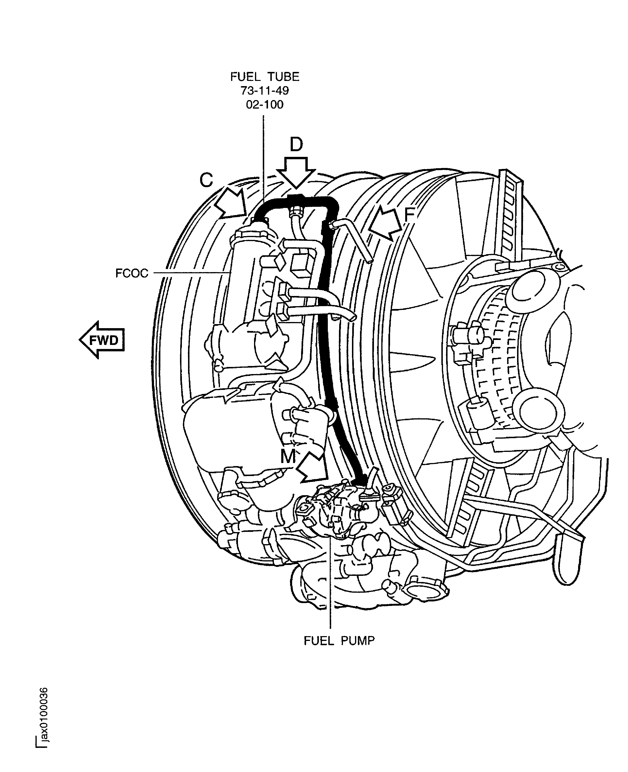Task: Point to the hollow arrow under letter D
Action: click(x=296, y=172)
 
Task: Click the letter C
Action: click(x=206, y=180)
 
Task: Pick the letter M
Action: click(x=288, y=457)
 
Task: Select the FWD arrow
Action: click(x=102, y=340)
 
